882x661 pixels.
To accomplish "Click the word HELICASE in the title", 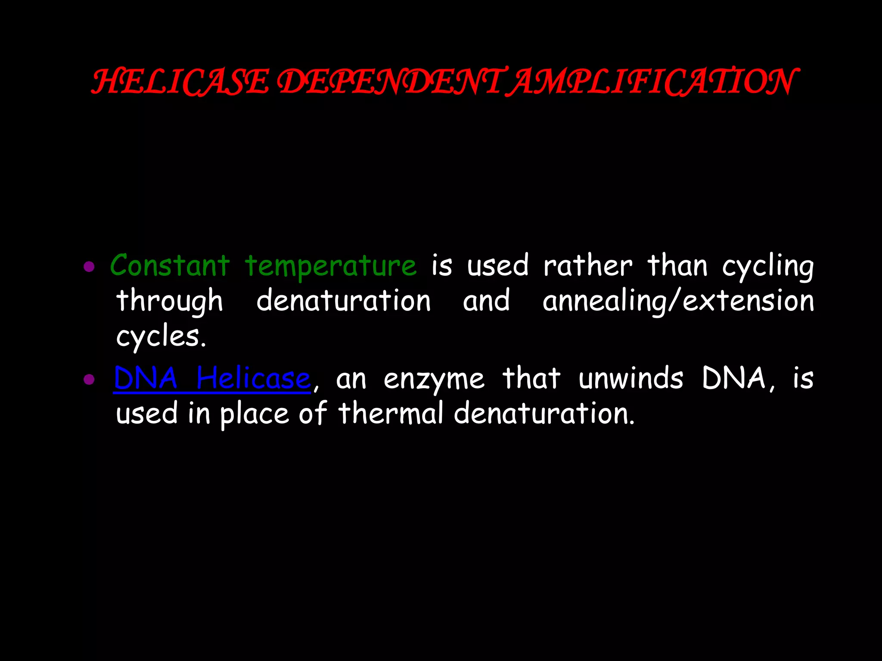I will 180,82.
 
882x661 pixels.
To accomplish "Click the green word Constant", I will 170,265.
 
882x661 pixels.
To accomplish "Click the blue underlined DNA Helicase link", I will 212,379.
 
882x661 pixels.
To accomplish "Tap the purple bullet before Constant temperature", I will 89,267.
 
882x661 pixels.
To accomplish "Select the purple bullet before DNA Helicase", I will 89,380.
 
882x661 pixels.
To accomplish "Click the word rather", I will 588,266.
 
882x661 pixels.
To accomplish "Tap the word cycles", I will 161,337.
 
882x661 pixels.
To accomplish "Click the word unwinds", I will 631,379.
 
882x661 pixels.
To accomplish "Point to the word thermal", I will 391,413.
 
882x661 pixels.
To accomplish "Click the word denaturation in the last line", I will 544,413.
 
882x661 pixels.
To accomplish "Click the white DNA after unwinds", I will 734,379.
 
